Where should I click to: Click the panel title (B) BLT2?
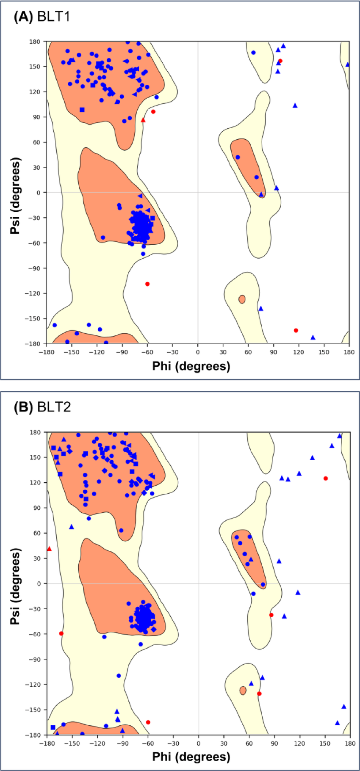pos(42,407)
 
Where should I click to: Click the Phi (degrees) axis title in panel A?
pos(191,366)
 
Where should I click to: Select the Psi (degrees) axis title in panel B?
pos(15,586)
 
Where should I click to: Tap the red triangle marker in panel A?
pos(143,120)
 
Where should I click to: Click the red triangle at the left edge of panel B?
pos(49,549)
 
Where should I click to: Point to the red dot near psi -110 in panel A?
pos(147,284)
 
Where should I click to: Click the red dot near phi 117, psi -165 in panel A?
pos(296,330)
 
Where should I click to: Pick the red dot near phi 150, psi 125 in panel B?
pos(326,478)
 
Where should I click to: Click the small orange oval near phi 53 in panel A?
pos(242,299)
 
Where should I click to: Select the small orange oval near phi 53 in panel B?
pos(243,691)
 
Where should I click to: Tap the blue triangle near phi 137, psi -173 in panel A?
pos(313,337)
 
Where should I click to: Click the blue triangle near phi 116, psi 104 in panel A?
pos(295,105)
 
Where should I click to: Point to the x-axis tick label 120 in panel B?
pos(299,743)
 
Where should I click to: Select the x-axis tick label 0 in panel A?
pos(197,352)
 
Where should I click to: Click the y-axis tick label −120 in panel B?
pos(32,685)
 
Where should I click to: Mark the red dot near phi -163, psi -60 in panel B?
pos(61,633)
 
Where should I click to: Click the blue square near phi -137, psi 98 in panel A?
pos(82,110)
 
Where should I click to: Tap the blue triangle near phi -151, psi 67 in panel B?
pos(72,527)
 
